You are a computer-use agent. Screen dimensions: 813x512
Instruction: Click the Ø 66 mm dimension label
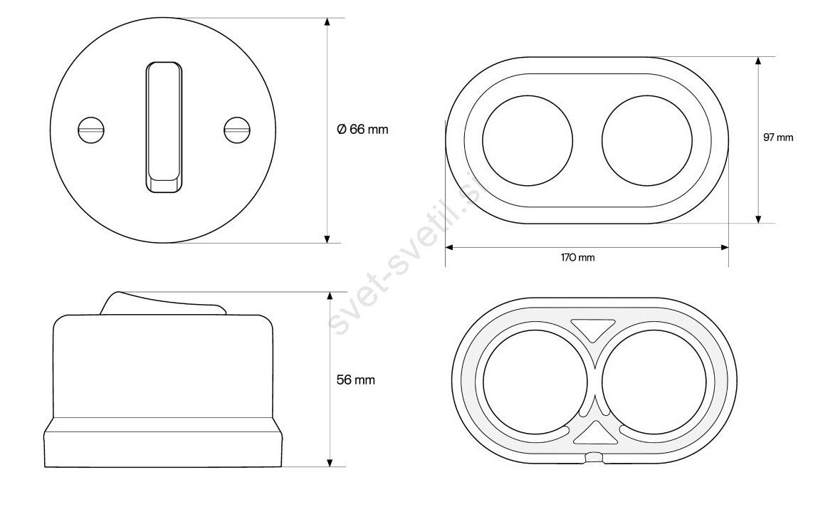(362, 129)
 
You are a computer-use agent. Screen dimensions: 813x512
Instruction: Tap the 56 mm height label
(355, 380)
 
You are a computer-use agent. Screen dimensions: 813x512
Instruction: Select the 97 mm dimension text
(777, 137)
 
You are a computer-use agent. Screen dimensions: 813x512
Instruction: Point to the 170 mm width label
(577, 257)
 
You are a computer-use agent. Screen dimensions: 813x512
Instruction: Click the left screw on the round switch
(91, 130)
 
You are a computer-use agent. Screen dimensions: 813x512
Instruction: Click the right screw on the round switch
(238, 129)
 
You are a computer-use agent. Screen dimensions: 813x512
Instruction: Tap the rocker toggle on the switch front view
(164, 127)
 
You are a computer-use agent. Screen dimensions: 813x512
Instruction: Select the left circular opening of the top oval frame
(528, 140)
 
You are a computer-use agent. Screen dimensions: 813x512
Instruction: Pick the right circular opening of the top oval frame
(647, 140)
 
